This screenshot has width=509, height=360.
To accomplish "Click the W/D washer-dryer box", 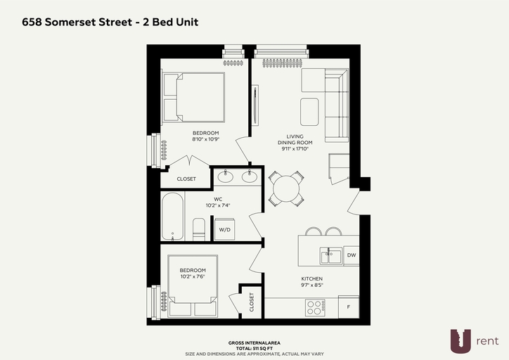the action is click(x=225, y=229).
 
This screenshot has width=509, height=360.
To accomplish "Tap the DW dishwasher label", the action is click(x=352, y=255).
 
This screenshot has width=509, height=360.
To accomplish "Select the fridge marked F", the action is click(x=349, y=307).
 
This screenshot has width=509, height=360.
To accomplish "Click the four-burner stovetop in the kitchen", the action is click(x=315, y=307).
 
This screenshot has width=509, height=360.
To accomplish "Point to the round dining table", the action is click(x=286, y=188).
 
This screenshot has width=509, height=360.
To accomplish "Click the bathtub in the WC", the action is click(x=173, y=216).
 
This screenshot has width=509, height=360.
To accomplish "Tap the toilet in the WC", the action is click(x=199, y=229).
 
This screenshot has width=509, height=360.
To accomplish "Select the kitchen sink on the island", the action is click(x=331, y=256).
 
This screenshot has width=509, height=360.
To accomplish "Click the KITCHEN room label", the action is click(x=312, y=278).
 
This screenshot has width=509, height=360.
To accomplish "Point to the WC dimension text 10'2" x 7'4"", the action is click(x=218, y=205).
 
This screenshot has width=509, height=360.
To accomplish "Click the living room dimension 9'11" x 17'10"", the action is click(x=295, y=148).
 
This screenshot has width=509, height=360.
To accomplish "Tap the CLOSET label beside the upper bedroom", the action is click(x=186, y=179).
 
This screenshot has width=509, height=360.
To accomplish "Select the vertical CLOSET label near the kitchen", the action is click(x=252, y=302).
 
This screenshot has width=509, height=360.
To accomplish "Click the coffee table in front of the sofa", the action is click(x=309, y=112).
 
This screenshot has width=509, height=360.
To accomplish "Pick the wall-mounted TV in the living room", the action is click(x=255, y=105).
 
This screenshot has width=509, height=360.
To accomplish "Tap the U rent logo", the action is click(x=474, y=341).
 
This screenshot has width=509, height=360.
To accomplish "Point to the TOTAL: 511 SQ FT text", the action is click(x=254, y=348).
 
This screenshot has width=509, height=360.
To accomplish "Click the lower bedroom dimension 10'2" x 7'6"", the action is click(x=193, y=276).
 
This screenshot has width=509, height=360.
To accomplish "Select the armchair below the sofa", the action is click(x=339, y=168).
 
